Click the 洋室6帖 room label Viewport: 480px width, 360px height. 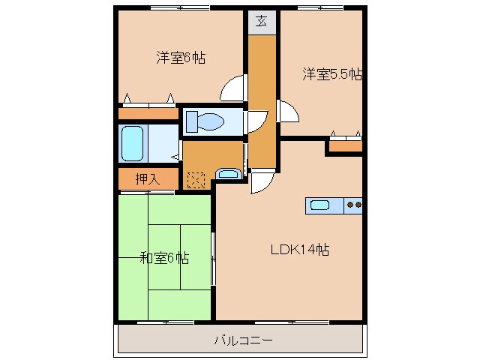click(x=181, y=57)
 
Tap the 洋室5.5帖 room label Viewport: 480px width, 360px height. click(x=332, y=74)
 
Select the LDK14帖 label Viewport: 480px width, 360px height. click(x=300, y=249)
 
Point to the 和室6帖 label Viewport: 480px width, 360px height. click(x=163, y=259)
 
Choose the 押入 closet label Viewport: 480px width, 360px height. click(x=147, y=179)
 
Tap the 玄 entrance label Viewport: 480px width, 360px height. click(x=262, y=21)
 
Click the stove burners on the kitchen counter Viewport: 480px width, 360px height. click(x=354, y=204)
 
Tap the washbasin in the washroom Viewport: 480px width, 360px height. click(x=226, y=175)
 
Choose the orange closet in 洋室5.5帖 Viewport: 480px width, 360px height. click(x=345, y=145)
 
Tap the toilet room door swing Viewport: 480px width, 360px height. click(x=256, y=121)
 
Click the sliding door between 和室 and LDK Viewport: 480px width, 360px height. click(x=214, y=258)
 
